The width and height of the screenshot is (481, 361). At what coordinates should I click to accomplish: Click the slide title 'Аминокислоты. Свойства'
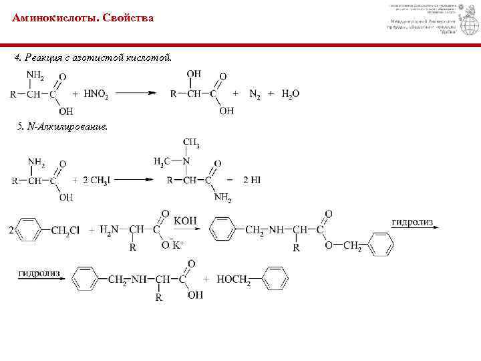pyautogui.click(x=82, y=18)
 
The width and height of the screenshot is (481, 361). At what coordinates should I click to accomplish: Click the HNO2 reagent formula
pyautogui.click(x=96, y=94)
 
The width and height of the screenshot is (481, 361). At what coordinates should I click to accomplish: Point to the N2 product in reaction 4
pyautogui.click(x=255, y=94)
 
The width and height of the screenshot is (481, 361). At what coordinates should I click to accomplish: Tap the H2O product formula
pyautogui.click(x=291, y=94)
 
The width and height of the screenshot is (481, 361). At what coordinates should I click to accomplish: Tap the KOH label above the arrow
pyautogui.click(x=184, y=219)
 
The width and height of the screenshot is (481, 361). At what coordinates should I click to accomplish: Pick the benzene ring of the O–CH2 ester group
pyautogui.click(x=381, y=245)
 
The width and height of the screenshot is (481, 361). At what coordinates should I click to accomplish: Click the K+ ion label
pyautogui.click(x=178, y=245)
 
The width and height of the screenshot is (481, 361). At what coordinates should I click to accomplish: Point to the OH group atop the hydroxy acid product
pyautogui.click(x=194, y=74)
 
